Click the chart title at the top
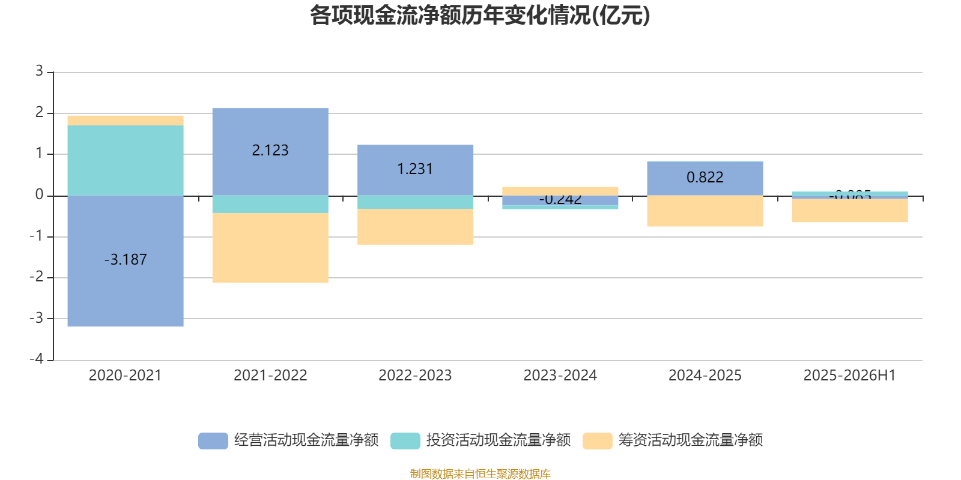[480, 16]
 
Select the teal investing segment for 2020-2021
[125, 160]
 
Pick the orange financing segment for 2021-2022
[270, 248]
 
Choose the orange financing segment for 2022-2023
[415, 226]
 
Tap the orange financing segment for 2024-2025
[705, 211]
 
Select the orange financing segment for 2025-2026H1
[849, 211]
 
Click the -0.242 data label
[560, 200]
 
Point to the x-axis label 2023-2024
[560, 376]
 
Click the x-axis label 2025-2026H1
[849, 376]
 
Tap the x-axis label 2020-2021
[125, 376]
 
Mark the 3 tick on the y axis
[39, 71]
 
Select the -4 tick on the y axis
[37, 359]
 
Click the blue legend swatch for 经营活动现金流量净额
[213, 440]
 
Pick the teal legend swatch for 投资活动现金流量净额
[405, 440]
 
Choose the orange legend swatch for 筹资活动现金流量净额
[598, 440]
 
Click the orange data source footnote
[480, 474]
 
